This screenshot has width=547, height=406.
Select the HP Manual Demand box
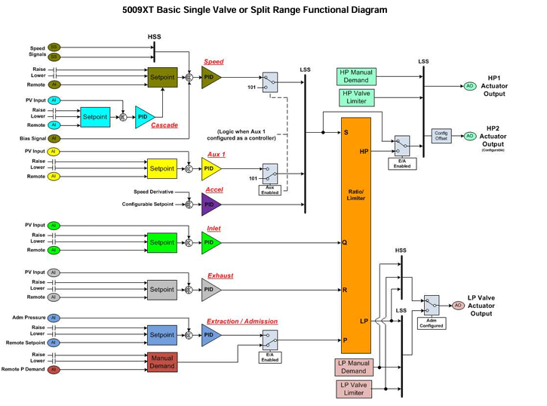coord(356,76)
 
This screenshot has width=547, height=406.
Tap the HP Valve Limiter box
coord(356,97)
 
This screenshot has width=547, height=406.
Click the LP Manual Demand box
coord(353,367)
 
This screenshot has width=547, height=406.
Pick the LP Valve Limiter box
coord(353,389)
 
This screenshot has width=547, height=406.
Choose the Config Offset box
coord(441,136)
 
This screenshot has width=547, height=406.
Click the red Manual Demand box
coord(162,361)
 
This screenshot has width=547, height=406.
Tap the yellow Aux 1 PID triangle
coord(211,168)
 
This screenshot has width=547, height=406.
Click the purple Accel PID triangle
coord(211,204)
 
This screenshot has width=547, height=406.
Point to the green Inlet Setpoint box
coord(161,242)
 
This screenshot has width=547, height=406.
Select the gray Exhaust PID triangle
coord(211,289)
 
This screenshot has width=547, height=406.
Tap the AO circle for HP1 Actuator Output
coord(470,86)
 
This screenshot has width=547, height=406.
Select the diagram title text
coord(254,11)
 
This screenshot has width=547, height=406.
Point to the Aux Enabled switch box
coord(269,180)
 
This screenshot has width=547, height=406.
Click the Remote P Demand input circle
coord(54,370)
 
